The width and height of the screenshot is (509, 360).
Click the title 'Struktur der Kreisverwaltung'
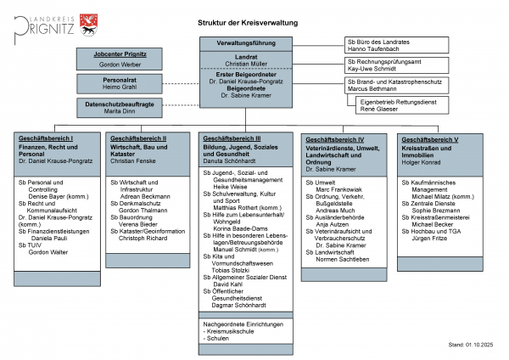(x=247, y=24)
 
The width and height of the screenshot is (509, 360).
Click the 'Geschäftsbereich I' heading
(x=44, y=138)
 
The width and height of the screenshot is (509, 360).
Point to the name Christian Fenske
(x=134, y=160)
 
